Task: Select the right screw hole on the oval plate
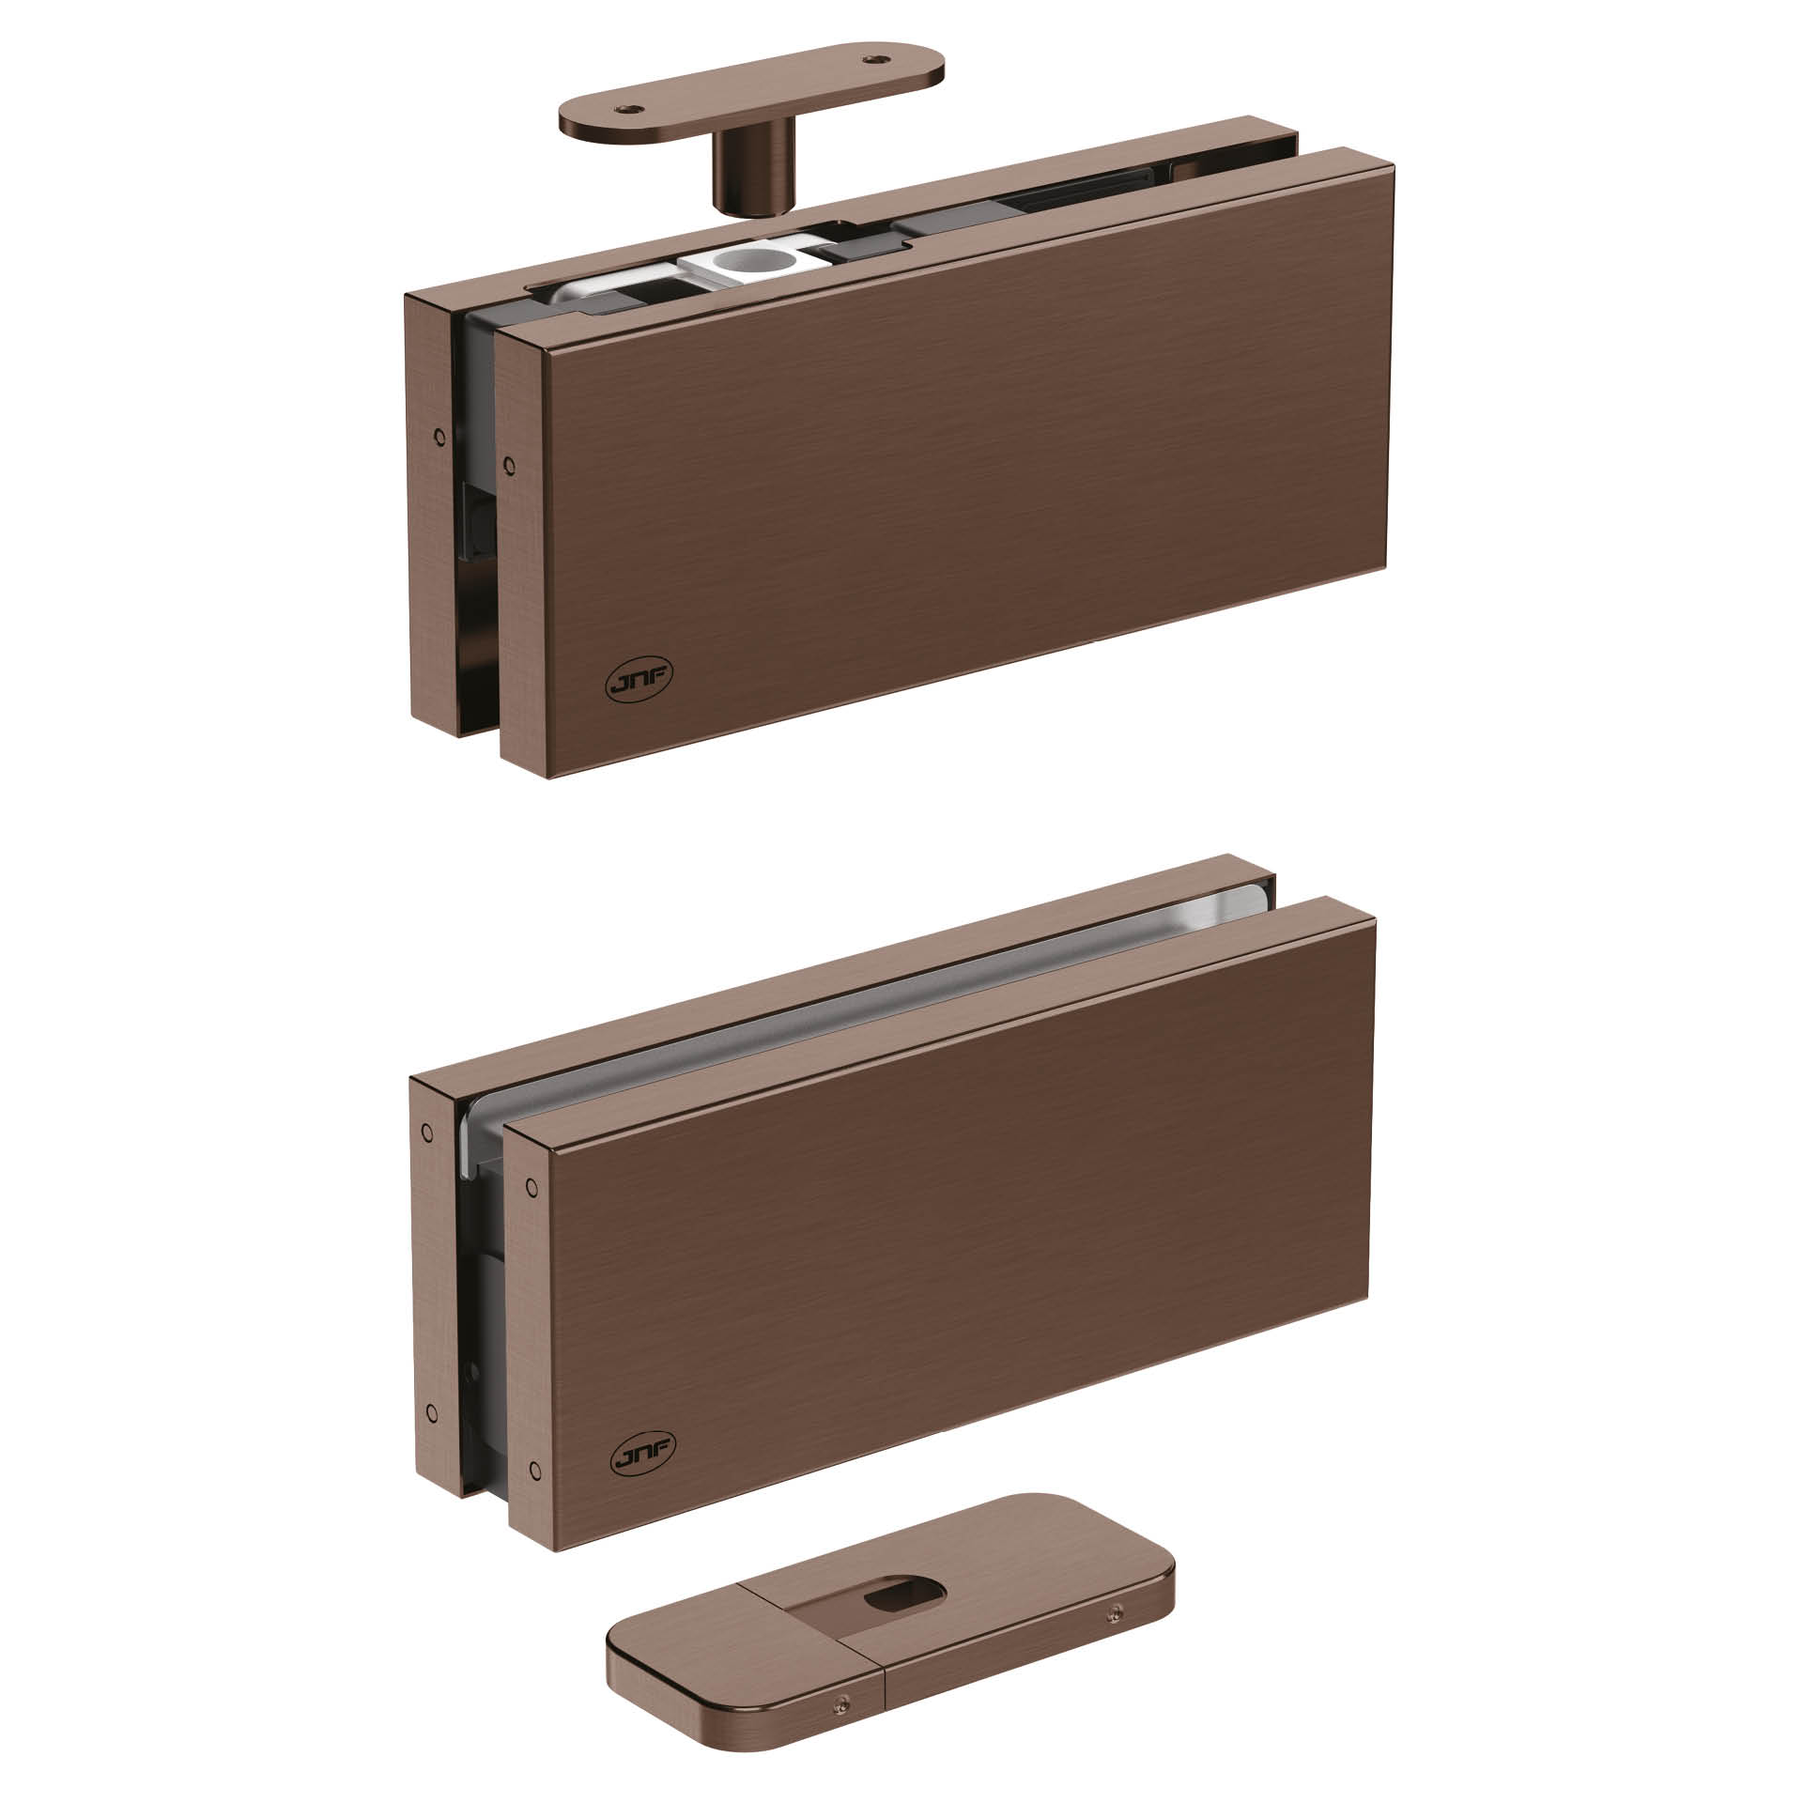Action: click(877, 58)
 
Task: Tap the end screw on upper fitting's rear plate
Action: click(437, 434)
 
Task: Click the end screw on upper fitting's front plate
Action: click(509, 463)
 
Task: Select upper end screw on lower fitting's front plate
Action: click(533, 1184)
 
